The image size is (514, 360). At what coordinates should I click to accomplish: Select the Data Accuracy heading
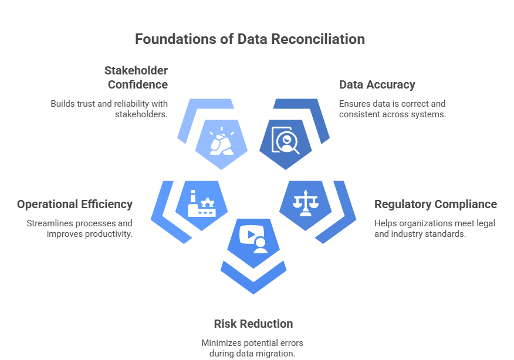(x=377, y=84)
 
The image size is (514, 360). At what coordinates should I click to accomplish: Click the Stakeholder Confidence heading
(x=136, y=77)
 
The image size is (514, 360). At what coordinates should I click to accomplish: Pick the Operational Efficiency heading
(x=75, y=205)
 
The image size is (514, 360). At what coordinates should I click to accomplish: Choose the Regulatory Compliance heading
(x=435, y=205)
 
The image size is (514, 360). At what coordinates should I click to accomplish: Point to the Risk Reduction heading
(x=253, y=324)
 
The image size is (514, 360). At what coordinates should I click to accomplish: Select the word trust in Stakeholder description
(x=84, y=103)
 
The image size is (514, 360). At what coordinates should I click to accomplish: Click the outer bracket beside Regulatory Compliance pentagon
(x=341, y=211)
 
